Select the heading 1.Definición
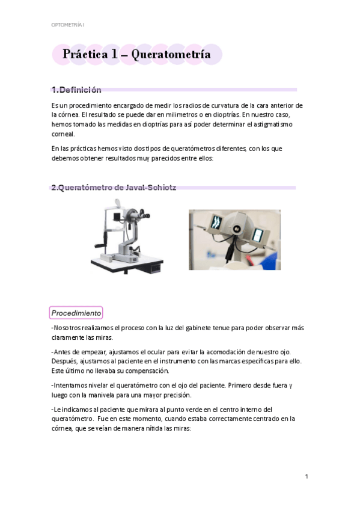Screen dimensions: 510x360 (76, 90)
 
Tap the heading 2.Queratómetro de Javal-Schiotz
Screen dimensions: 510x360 (114, 188)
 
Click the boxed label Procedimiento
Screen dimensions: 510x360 (76, 313)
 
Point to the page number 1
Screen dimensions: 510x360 (306, 476)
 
